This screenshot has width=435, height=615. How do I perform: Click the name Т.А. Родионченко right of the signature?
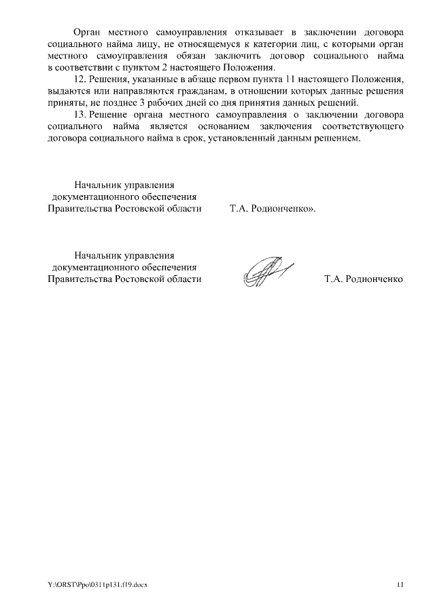coord(364,279)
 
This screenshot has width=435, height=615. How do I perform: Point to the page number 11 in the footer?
coord(400,585)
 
